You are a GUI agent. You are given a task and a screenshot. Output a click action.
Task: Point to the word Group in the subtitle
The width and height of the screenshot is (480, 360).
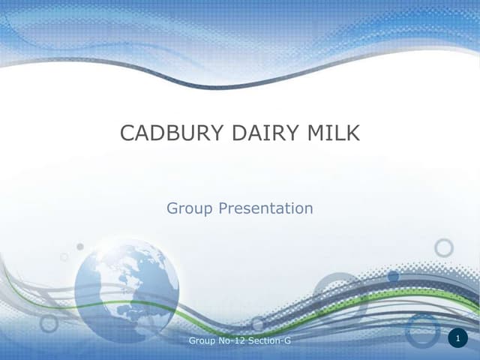tap(190, 208)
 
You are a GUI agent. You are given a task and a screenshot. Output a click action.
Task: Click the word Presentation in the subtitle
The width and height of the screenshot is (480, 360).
tap(265, 208)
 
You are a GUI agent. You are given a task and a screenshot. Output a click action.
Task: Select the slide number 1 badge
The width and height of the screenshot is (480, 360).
tap(457, 340)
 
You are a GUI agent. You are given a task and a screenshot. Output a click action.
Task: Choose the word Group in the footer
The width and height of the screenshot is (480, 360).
tap(202, 341)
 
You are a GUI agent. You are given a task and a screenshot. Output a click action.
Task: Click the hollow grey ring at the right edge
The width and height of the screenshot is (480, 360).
tap(444, 248)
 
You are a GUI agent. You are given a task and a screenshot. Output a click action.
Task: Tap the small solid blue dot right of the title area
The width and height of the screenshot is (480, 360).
tap(393, 277)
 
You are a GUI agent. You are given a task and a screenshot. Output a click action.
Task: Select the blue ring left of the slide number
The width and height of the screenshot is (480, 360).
tap(423, 330)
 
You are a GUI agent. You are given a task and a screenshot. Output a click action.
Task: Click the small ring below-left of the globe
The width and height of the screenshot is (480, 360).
tap(49, 323)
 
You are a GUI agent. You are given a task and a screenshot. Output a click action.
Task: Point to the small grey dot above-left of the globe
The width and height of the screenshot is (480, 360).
tap(80, 247)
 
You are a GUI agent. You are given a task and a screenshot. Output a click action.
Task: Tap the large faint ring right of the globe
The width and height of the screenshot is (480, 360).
tap(337, 296)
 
